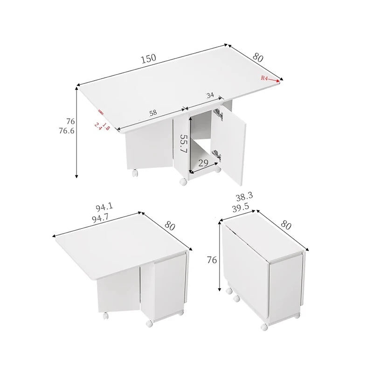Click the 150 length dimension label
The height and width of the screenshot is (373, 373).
(x=149, y=59)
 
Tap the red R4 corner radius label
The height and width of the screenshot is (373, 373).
(x=264, y=78)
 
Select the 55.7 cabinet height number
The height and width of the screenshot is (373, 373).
(x=184, y=144)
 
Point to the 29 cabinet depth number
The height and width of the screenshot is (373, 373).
(x=203, y=163)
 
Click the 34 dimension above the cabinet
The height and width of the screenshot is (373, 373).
(x=210, y=96)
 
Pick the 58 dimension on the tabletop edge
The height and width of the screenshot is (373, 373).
(x=153, y=113)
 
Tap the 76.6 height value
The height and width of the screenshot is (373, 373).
(x=67, y=131)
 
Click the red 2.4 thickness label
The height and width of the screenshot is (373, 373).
(x=98, y=126)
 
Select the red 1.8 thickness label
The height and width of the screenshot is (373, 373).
(x=106, y=127)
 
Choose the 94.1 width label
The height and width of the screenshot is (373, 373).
(x=104, y=207)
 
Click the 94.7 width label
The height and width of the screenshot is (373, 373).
(x=100, y=218)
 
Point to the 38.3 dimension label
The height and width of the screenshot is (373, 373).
(x=244, y=196)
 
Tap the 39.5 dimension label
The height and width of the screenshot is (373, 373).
(x=241, y=207)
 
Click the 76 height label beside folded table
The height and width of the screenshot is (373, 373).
(x=212, y=260)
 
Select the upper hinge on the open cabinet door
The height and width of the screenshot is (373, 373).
(x=218, y=114)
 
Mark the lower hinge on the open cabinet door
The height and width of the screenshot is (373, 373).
(x=217, y=155)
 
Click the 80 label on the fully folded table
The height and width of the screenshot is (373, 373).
(x=286, y=225)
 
